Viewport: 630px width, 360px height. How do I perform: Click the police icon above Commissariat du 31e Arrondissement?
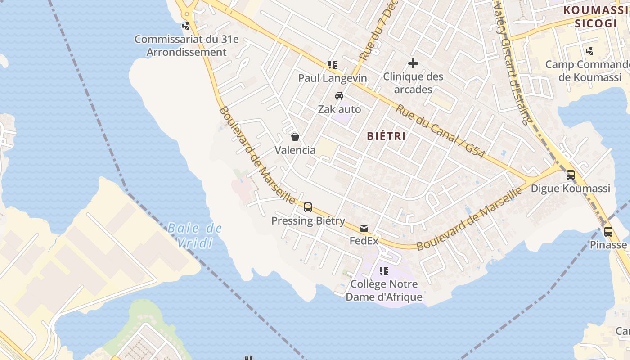pyautogui.click(x=186, y=26)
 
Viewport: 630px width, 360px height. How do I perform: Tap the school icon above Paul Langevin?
pyautogui.click(x=333, y=65)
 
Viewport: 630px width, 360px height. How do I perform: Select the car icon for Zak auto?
pyautogui.click(x=339, y=96)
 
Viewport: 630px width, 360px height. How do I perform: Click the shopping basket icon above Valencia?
pyautogui.click(x=295, y=137)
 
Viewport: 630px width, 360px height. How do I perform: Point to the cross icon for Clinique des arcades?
pyautogui.click(x=413, y=63)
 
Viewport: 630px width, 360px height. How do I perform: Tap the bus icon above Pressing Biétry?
pyautogui.click(x=308, y=207)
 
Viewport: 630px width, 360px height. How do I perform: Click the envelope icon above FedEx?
pyautogui.click(x=364, y=228)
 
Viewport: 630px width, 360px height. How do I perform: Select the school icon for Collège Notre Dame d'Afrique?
pyautogui.click(x=384, y=271)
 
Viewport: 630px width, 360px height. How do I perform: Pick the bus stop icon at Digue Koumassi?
pyautogui.click(x=571, y=175)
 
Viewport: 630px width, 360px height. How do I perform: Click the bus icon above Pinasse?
pyautogui.click(x=608, y=232)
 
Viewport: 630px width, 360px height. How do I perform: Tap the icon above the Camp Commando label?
pyautogui.click(x=590, y=51)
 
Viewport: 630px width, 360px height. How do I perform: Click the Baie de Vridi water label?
pyautogui.click(x=194, y=235)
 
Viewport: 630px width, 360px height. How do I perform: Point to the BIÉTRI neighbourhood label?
pyautogui.click(x=387, y=136)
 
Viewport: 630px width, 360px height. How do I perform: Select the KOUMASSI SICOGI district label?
pyautogui.click(x=596, y=17)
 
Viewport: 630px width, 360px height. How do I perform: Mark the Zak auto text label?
pyautogui.click(x=339, y=109)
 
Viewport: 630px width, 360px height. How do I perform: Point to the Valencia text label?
pyautogui.click(x=295, y=150)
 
